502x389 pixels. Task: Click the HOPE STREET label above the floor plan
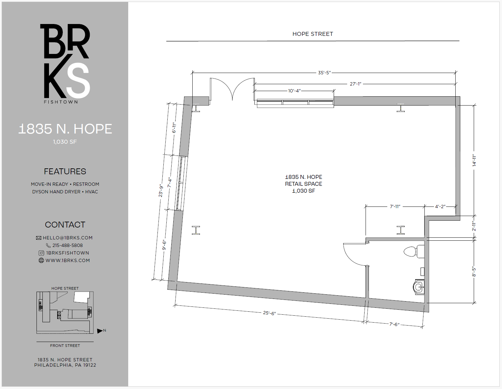click(313, 34)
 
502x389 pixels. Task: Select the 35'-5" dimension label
click(324, 73)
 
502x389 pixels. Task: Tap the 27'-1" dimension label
click(355, 84)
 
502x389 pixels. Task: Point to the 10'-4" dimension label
click(294, 91)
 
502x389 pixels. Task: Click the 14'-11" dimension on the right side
click(474, 160)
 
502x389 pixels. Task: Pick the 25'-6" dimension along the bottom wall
click(269, 313)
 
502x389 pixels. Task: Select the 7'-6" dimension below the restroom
click(394, 324)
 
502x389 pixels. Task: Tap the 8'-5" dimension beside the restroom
click(474, 272)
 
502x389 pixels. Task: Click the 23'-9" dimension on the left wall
click(161, 191)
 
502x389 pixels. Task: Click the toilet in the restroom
click(414, 252)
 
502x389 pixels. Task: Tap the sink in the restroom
click(418, 287)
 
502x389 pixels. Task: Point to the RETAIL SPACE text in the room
click(303, 184)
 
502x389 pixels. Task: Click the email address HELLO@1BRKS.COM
click(67, 238)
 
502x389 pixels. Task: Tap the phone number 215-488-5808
click(67, 245)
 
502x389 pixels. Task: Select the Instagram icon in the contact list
click(41, 253)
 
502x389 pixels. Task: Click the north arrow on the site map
click(100, 331)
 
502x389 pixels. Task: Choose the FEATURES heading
click(65, 171)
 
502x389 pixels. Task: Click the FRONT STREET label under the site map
click(65, 346)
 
